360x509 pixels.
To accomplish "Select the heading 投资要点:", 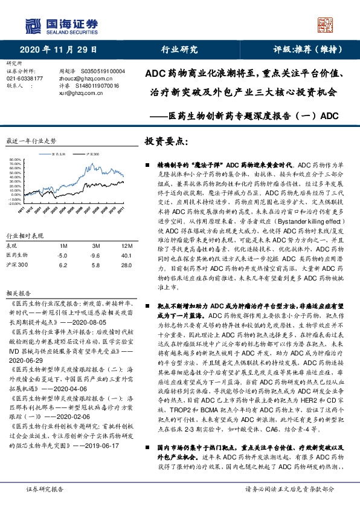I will pyautogui.click(x=167, y=141).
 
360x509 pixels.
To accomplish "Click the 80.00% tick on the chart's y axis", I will pyautogui.click(x=16, y=161).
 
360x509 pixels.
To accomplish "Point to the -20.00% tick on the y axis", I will pyautogui.click(x=16, y=187).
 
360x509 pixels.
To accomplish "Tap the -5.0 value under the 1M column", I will pyautogui.click(x=62, y=238).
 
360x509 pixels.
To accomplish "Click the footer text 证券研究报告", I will pyautogui.click(x=45, y=489).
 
